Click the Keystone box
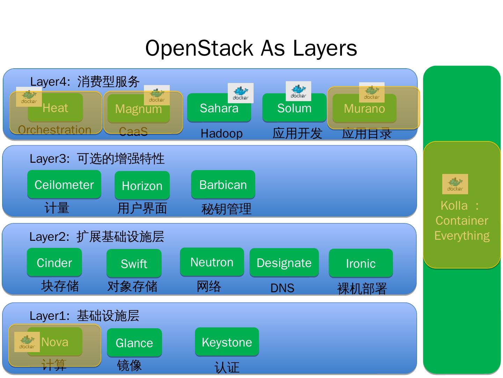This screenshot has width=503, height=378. (227, 342)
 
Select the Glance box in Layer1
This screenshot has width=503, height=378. (134, 342)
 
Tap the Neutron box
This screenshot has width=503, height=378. (212, 262)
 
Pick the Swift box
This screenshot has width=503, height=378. (134, 263)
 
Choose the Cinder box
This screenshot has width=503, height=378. (54, 262)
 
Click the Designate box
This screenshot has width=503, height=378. (284, 262)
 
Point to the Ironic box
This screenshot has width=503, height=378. (360, 263)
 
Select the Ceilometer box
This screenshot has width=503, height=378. (64, 184)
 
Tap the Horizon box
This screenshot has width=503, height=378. (142, 185)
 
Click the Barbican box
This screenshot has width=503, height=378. (223, 184)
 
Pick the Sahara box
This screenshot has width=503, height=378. (219, 108)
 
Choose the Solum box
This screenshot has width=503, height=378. (294, 108)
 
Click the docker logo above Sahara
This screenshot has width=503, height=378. (241, 93)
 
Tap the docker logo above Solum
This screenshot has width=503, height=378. (298, 91)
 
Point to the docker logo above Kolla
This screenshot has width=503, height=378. (455, 184)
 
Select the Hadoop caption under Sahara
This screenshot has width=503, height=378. (221, 133)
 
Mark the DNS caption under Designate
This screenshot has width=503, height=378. (282, 288)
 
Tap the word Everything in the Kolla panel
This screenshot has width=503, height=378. (462, 236)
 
